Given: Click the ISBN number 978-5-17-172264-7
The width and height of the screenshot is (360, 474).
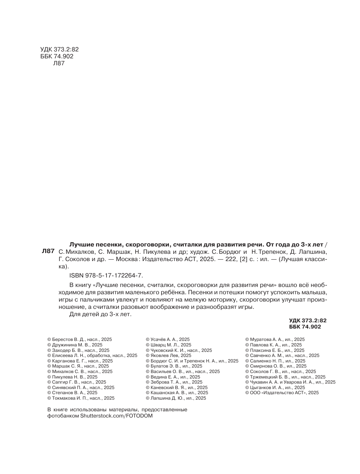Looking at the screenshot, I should [x=106, y=276].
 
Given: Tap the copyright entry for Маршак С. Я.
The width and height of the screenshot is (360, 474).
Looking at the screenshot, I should [x=78, y=366].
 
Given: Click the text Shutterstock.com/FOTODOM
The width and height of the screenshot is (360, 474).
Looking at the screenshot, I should [x=116, y=416].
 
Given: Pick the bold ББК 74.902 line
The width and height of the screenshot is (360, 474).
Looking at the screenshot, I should [x=305, y=327].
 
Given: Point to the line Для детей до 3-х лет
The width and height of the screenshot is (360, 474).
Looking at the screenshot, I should [x=100, y=314].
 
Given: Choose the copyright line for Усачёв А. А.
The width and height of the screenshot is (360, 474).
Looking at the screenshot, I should [x=167, y=339].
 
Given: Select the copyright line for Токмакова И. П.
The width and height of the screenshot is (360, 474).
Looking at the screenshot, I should [x=81, y=398].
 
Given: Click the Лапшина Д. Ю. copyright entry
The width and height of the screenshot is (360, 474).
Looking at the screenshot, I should [x=176, y=398].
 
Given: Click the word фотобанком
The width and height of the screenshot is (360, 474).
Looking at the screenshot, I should [x=63, y=416].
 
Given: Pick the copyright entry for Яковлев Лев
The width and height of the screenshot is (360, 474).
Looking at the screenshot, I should [x=168, y=355].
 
